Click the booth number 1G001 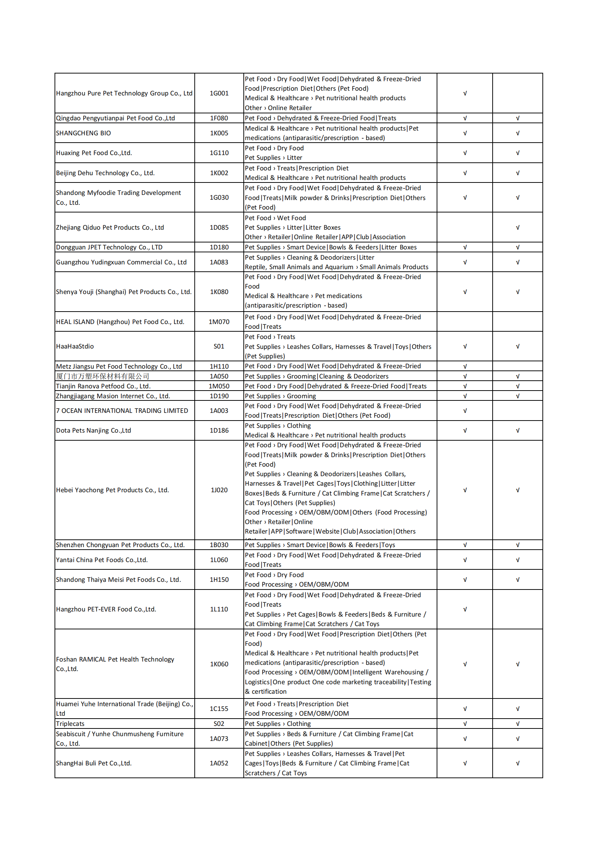pos(219,93)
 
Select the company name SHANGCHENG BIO pos(83,133)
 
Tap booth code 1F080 pos(219,118)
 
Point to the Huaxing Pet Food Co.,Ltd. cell pos(94,153)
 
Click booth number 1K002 pos(219,173)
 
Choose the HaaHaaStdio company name pos(75,346)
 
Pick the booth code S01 pos(219,346)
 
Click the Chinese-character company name pos(102,376)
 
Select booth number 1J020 pos(219,490)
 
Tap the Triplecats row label pos(70,724)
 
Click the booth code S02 pos(219,724)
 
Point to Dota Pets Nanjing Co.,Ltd pos(94,430)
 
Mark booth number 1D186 pos(219,430)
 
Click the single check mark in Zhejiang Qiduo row pos(518,227)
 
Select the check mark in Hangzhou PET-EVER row pos(465,609)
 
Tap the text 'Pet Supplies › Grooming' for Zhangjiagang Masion pos(280,396)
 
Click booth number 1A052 pos(219,763)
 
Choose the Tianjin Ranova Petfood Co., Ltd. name pos(103,386)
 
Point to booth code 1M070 pos(219,322)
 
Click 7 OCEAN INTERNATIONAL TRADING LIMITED pos(122,411)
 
